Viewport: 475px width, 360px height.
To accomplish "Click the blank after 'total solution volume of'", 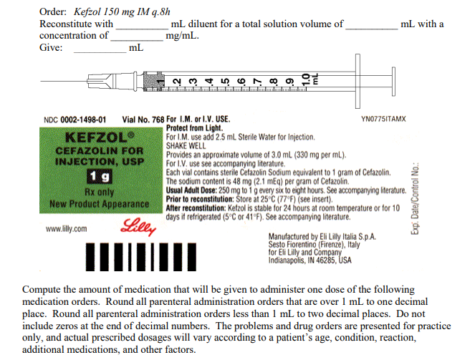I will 371,26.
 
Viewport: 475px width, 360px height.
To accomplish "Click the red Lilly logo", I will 139,228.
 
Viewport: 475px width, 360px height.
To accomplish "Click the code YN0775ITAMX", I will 384,119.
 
